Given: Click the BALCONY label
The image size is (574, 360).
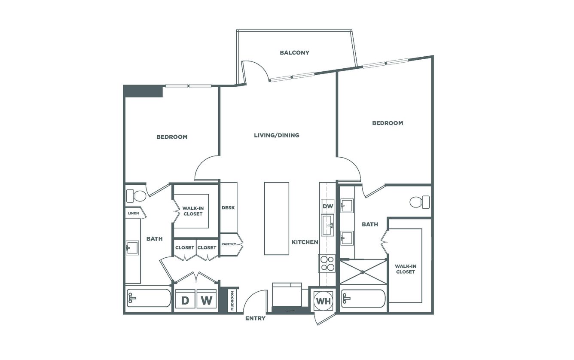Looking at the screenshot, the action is coord(294,52).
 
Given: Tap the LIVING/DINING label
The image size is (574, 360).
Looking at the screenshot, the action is coord(277,135).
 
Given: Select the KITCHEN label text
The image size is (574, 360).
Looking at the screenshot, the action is coord(305,242).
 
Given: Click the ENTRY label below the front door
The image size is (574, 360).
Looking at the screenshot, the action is coord(255,318).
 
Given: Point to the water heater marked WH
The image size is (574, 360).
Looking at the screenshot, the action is coord(324,301).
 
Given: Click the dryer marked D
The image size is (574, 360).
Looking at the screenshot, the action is coord(185,299).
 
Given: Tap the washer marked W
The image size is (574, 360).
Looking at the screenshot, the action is coord(207,299).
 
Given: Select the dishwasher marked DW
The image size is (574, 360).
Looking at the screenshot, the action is coord(328,206).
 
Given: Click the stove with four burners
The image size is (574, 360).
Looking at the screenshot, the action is coord(327,263).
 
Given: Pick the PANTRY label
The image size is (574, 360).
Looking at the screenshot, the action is coord(229,244).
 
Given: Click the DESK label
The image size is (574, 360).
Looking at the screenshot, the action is coord(228,207).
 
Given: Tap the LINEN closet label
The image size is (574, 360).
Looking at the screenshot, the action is coord(133,213).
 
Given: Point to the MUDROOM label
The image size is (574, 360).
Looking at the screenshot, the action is coord(232,301).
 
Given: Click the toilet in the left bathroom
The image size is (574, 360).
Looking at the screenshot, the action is coord(136,196).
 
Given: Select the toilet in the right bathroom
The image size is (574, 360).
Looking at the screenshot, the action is coord(420,202).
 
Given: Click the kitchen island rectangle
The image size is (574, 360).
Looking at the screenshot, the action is coord(277,219).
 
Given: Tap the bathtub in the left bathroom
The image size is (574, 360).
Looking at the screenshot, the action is coord(149,298).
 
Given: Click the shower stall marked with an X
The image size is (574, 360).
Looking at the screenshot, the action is coord(363,272).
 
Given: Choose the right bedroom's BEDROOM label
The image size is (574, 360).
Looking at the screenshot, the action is coord(388,123).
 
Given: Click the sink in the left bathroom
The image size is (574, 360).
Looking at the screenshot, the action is coord(132,248).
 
